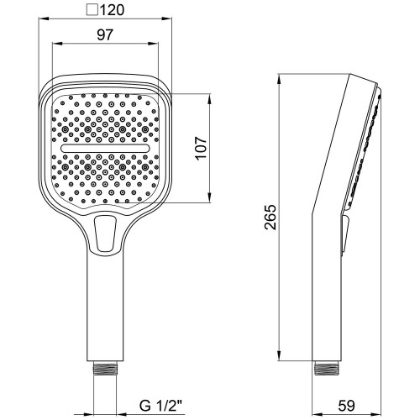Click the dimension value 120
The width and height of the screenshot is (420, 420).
112,10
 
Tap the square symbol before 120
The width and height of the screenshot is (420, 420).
92,11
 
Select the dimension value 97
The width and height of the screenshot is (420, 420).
105,35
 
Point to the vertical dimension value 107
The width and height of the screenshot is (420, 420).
202,148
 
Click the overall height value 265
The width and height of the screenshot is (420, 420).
270,218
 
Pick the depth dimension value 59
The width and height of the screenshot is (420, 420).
346,406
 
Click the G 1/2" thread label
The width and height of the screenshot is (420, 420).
160,406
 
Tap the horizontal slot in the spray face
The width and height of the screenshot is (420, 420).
105,149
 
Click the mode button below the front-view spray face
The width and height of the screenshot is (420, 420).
105,234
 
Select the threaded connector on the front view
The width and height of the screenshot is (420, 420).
105,368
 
